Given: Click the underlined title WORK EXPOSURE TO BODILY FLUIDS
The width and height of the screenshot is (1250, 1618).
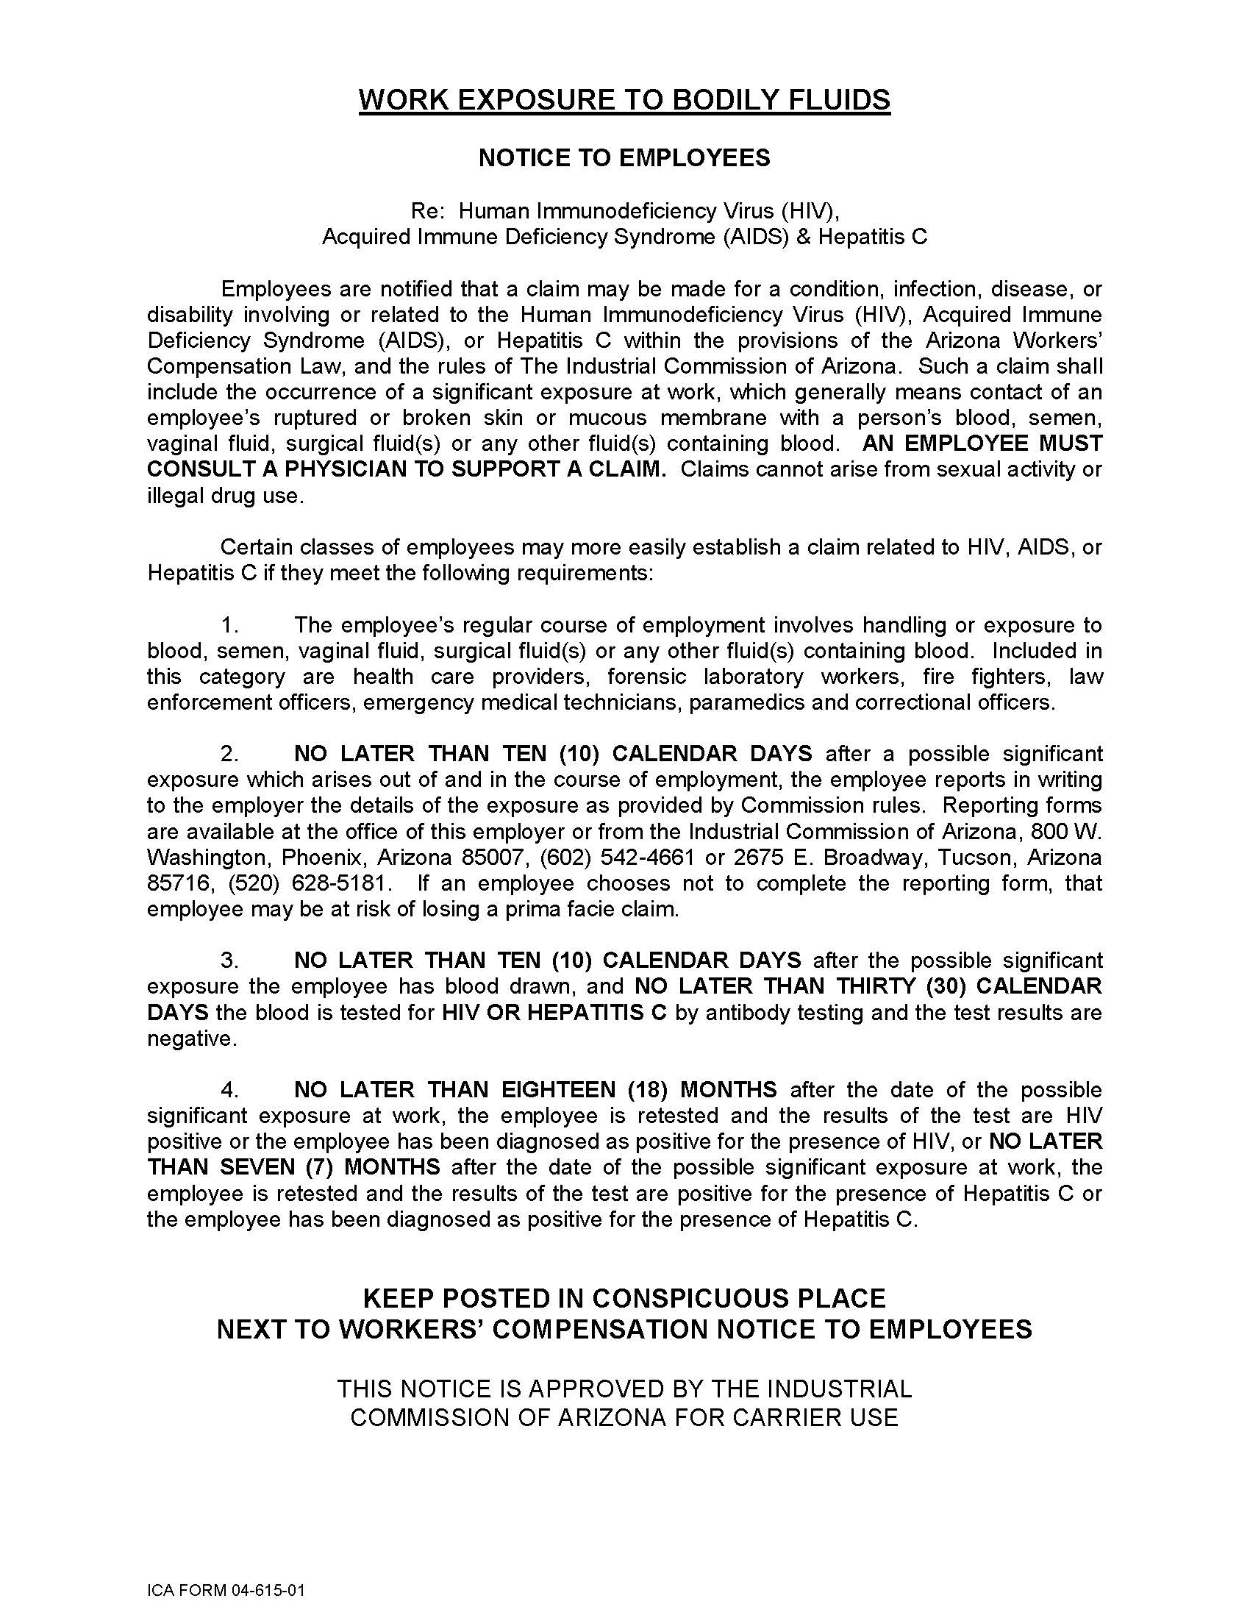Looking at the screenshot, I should pyautogui.click(x=624, y=99).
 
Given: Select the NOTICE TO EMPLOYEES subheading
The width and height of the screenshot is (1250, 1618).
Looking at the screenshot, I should pyautogui.click(x=624, y=158).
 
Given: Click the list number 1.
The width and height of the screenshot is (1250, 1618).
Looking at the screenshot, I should pyautogui.click(x=229, y=625).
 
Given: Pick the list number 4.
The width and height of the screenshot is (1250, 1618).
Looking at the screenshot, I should pyautogui.click(x=229, y=1090).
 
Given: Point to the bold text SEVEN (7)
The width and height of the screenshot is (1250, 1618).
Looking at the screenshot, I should pyautogui.click(x=276, y=1168).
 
